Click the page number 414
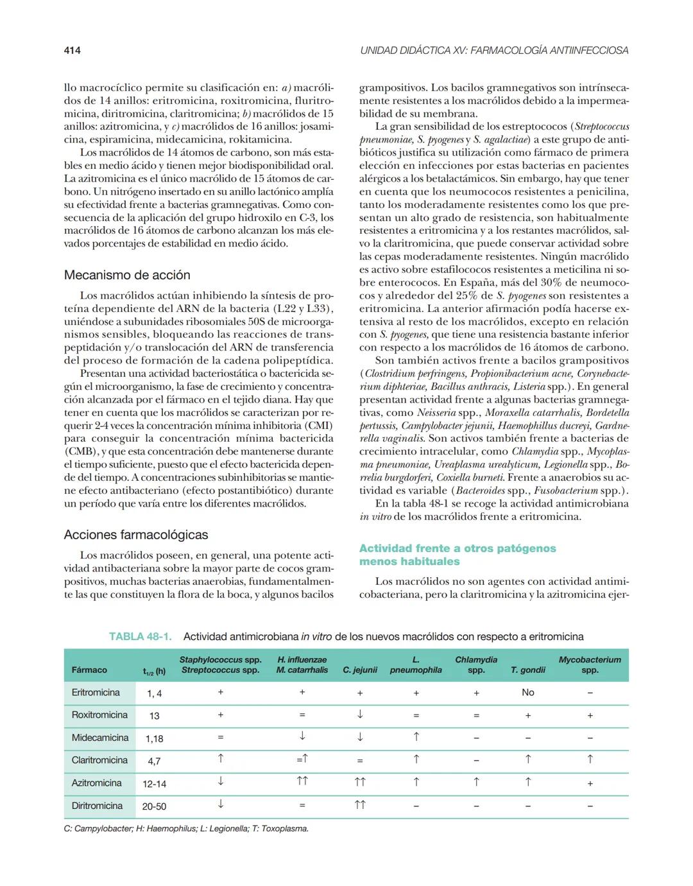[72, 50]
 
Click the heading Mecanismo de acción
[127, 275]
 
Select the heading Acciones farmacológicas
[136, 535]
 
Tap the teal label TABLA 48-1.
[141, 637]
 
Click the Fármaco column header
[89, 670]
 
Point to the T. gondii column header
[527, 670]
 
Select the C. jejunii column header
[360, 670]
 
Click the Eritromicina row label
[96, 693]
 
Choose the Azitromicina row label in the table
[96, 783]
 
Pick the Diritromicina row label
[97, 806]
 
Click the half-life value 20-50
[154, 806]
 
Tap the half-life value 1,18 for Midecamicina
[154, 738]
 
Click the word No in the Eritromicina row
[527, 693]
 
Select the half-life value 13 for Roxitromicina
[154, 716]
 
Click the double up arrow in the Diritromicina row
[360, 805]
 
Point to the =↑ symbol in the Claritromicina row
[302, 760]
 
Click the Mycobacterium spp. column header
[590, 664]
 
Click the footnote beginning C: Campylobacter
[186, 829]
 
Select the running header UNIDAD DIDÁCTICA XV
[494, 50]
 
